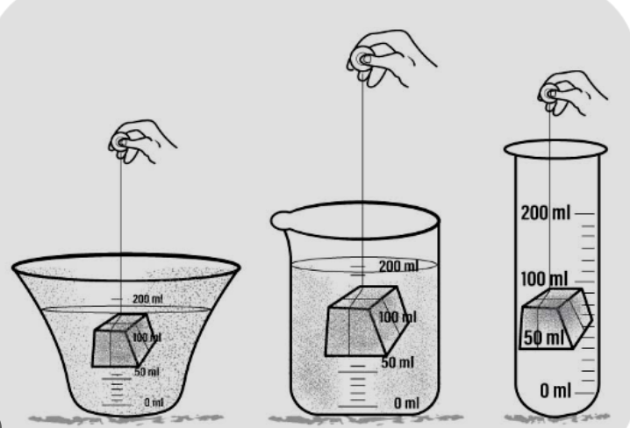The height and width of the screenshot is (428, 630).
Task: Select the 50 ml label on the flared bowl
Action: (x=147, y=372)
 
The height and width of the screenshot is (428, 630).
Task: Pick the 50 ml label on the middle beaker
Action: (x=398, y=362)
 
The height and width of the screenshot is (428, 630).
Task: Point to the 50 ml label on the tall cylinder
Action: (x=541, y=337)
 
